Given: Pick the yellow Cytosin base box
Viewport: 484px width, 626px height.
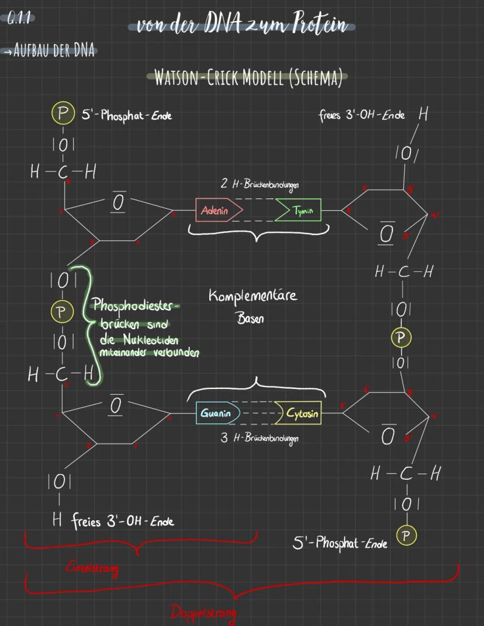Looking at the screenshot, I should [x=300, y=414].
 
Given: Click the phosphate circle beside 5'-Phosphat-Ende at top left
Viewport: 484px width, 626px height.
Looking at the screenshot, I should [x=61, y=113].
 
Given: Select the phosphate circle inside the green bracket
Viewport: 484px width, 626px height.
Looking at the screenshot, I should [x=60, y=312].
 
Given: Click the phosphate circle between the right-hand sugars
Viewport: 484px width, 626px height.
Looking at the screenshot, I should [x=400, y=338].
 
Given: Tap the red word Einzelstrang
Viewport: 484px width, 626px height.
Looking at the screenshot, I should [x=91, y=567].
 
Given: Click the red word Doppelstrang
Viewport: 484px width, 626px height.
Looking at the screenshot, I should [x=203, y=613].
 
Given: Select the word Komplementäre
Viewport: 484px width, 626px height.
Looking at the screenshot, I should [x=253, y=295].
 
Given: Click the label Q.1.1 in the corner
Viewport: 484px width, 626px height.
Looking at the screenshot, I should [x=19, y=19].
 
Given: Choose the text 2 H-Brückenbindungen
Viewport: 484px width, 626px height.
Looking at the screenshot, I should [x=260, y=184].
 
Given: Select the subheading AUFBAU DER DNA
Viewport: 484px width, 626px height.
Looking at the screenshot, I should [x=52, y=50].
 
